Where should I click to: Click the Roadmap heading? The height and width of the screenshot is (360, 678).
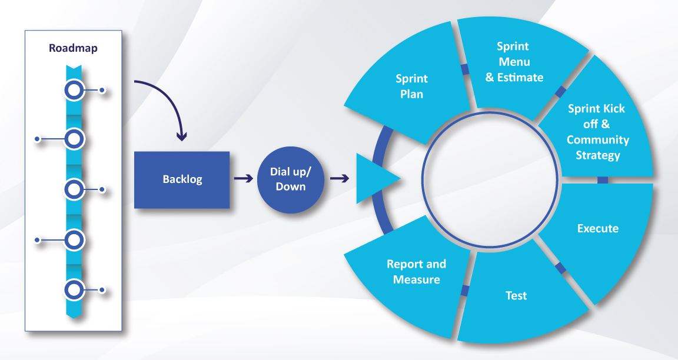coord(73,48)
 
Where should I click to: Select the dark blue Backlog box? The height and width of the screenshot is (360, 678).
coord(182,180)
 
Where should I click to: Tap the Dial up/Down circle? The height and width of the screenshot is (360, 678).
coord(287,179)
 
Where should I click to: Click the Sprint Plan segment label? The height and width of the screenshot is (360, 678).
coord(411,86)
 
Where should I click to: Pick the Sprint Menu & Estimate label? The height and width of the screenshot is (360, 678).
coord(514,62)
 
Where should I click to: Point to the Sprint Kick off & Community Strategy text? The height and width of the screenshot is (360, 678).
coord(597,132)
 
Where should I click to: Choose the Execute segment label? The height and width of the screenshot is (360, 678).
coord(597,228)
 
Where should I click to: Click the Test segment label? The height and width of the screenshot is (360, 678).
coord(516,295)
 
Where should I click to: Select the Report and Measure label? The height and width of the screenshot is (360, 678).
coord(416,271)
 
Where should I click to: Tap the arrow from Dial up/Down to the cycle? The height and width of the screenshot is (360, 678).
coord(338,178)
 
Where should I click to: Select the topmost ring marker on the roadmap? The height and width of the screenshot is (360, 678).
coord(74,90)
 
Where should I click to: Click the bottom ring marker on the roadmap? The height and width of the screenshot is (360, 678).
coord(74,290)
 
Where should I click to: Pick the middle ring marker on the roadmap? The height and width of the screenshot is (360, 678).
coord(74,189)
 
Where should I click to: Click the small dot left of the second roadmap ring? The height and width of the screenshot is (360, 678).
coord(37,139)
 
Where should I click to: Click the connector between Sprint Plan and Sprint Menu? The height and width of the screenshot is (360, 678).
coord(465,70)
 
